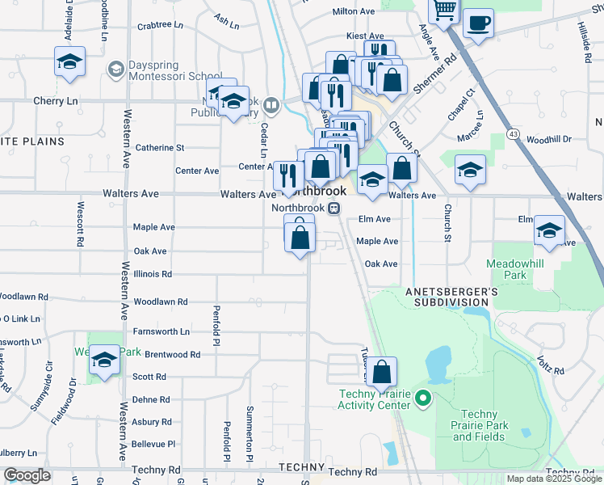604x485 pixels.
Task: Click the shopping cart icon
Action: pyautogui.click(x=443, y=10)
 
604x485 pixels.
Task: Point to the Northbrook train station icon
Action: pyautogui.click(x=333, y=208)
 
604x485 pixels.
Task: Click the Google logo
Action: pyautogui.click(x=27, y=475)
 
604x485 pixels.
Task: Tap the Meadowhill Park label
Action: pyautogui.click(x=516, y=270)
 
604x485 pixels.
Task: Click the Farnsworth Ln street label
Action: pyautogui.click(x=161, y=331)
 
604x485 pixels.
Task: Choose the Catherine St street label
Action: pyautogui.click(x=160, y=148)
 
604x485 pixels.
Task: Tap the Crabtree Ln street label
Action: pyautogui.click(x=155, y=25)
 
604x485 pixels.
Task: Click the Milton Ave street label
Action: pyautogui.click(x=354, y=12)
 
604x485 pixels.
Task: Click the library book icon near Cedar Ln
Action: pyautogui.click(x=271, y=104)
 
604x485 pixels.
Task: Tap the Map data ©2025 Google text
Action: pyautogui.click(x=553, y=479)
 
